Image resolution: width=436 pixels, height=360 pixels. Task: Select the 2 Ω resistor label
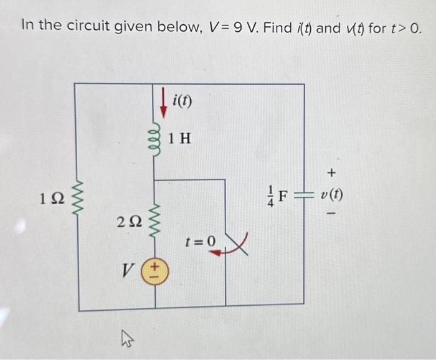pos(128,220)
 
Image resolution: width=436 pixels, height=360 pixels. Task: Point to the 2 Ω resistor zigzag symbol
pos(156,217)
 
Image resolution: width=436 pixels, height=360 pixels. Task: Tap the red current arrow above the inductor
pos(163,105)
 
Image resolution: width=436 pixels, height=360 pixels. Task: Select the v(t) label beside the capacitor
pos(331,195)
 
